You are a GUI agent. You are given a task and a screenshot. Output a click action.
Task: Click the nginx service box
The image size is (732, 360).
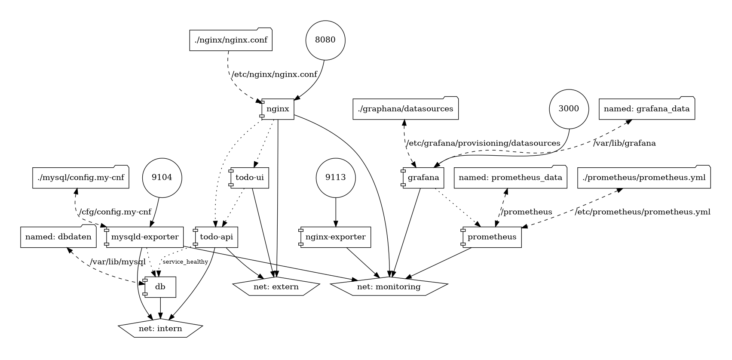click(x=277, y=109)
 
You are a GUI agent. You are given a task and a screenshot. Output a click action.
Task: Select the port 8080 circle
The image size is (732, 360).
click(x=325, y=40)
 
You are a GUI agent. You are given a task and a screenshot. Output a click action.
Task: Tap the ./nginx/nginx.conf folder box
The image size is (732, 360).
click(x=231, y=39)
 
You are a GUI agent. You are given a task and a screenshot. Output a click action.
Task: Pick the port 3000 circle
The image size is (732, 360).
click(x=569, y=109)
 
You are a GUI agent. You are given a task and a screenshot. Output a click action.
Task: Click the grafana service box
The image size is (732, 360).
click(x=423, y=178)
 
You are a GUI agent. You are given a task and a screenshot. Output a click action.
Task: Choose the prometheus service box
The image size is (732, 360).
click(x=491, y=237)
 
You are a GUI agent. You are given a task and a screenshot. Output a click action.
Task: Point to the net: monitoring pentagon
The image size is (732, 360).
click(x=389, y=287)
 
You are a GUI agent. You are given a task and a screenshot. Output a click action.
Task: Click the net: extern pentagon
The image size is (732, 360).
click(x=276, y=287)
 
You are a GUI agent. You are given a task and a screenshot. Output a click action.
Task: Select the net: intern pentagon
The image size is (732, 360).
click(x=160, y=328)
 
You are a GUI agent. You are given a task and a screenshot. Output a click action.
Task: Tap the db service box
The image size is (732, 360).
click(x=159, y=287)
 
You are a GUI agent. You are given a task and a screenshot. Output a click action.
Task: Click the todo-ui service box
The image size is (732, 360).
click(x=249, y=178)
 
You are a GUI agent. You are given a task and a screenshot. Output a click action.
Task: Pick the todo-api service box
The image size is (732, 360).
click(x=216, y=237)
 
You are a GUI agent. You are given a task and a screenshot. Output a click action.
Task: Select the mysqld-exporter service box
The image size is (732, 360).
click(x=144, y=237)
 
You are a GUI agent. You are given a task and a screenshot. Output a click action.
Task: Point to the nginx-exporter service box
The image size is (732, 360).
click(x=335, y=237)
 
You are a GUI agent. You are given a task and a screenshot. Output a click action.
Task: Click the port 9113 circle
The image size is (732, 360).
click(x=336, y=178)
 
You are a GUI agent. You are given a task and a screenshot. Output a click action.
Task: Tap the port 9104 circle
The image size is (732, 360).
click(x=162, y=178)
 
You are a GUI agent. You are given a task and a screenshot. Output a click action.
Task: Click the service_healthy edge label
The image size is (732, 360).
click(x=185, y=262)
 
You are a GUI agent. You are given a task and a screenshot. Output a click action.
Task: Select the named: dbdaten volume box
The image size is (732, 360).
click(x=58, y=237)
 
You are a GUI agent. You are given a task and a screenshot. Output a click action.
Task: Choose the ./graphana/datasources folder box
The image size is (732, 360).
click(x=405, y=108)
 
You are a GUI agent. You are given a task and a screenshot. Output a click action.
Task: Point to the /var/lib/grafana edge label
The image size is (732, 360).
click(x=624, y=143)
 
